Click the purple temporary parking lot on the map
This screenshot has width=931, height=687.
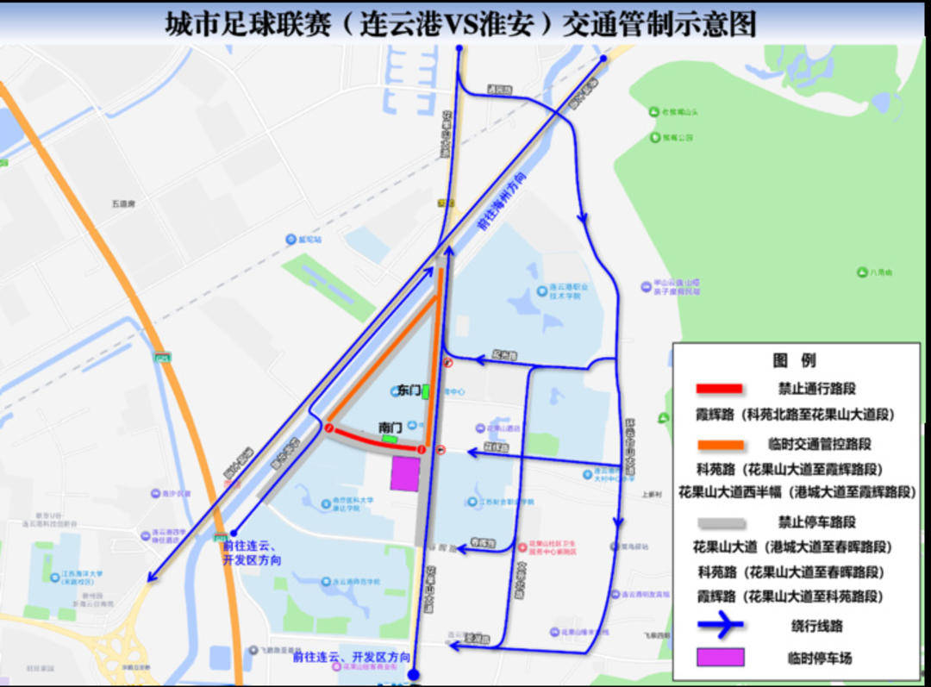click(404, 474)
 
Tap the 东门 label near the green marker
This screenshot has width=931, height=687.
click(409, 390)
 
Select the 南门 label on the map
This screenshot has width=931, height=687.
click(391, 427)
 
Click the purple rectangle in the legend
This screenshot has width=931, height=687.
click(719, 658)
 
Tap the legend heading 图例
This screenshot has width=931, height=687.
click(794, 360)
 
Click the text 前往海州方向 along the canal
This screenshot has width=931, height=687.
click(503, 199)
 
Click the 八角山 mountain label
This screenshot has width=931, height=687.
click(880, 272)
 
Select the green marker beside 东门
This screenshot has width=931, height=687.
click(426, 391)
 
